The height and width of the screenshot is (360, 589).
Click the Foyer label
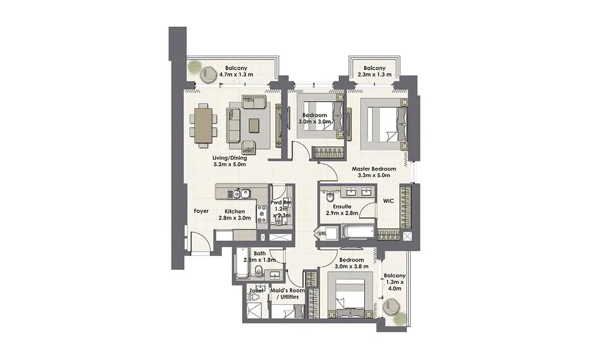(x=201, y=211)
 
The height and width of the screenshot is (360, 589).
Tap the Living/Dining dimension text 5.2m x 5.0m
(x=230, y=165)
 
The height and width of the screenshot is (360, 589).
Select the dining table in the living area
(x=203, y=126)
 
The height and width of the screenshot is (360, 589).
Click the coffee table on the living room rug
(x=254, y=126)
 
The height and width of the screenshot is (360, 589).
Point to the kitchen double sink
(x=242, y=194)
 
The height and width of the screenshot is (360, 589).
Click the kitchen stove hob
(x=262, y=214)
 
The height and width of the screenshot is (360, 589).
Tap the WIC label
(x=388, y=201)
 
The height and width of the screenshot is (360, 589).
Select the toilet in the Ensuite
(x=330, y=196)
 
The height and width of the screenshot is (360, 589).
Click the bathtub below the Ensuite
(x=358, y=232)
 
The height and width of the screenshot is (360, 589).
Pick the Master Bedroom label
(x=374, y=169)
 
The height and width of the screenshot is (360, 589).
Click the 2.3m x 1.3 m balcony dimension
(x=375, y=75)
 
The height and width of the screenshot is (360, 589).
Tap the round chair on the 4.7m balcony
(x=208, y=75)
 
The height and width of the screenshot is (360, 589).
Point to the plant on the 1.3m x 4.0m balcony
(x=401, y=319)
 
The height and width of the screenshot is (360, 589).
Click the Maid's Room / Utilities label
(x=288, y=294)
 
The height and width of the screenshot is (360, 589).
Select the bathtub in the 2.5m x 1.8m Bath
(x=242, y=263)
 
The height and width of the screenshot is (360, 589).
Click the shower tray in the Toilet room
(x=254, y=311)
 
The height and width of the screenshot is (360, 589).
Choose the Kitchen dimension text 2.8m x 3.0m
(x=235, y=218)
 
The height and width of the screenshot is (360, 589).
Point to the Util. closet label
(x=322, y=233)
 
